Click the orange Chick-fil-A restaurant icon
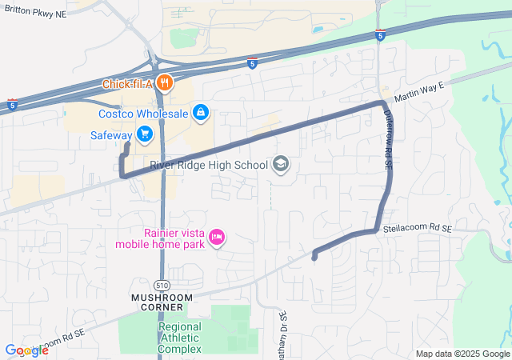165,82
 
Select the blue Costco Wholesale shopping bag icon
201,114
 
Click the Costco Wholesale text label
143,114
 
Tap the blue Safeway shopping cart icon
144,134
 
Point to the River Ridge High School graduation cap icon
281,165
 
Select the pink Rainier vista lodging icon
217,237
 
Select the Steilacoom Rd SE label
417,228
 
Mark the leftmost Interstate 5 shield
11,104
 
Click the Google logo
26,350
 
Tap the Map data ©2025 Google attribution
462,354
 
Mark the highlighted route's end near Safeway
127,146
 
